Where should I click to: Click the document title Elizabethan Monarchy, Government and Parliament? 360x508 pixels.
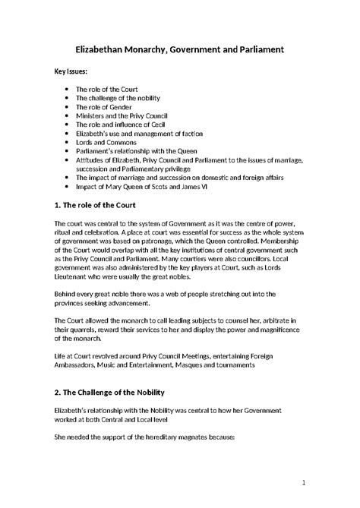179,49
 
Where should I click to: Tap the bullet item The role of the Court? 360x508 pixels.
106,90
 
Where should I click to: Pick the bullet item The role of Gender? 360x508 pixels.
106,107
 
